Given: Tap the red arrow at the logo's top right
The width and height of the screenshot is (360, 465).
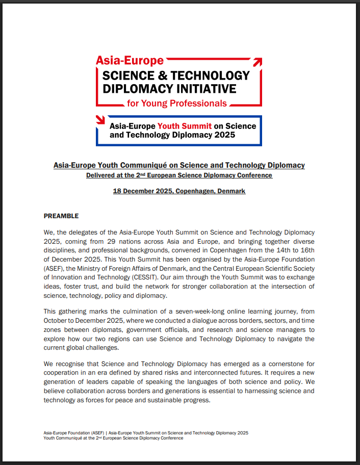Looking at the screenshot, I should (x=258, y=62).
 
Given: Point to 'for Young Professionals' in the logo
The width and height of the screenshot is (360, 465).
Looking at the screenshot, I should (x=177, y=104).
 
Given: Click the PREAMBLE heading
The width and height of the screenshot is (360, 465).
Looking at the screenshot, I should (x=61, y=216).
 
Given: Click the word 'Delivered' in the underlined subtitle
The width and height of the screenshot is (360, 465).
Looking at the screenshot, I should (x=100, y=175).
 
